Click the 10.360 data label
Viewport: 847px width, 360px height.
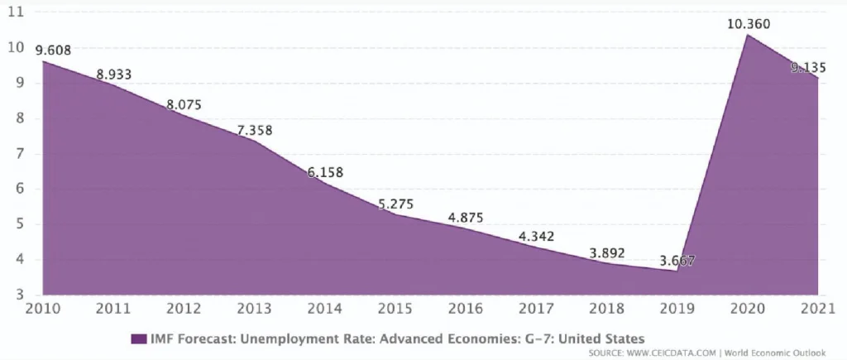[748, 24]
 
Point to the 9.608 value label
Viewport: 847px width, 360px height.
[53, 50]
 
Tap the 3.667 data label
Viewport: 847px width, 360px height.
[677, 261]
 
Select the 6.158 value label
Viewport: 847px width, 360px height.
[325, 172]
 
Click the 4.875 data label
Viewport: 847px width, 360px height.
[466, 218]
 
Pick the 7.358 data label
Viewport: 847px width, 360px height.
[255, 130]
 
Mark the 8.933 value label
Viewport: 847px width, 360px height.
[113, 74]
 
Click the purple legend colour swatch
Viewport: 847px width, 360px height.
[138, 338]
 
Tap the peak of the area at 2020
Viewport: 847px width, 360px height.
[748, 35]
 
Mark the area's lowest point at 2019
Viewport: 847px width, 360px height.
[677, 271]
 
